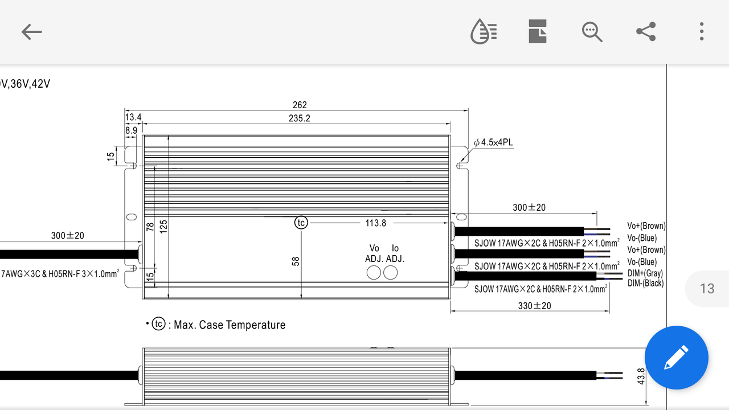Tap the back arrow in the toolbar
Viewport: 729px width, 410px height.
[31, 31]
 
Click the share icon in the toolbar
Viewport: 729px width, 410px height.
[646, 31]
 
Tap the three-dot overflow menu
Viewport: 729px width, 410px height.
[702, 31]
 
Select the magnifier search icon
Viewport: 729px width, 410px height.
[592, 32]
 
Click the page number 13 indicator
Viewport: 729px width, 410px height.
[707, 289]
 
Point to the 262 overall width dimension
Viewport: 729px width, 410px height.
[300, 105]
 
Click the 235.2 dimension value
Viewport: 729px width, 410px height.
[300, 118]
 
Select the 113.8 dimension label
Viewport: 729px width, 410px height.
[375, 223]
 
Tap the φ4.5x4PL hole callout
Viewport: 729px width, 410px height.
[493, 142]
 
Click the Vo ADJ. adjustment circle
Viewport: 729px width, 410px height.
[374, 273]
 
